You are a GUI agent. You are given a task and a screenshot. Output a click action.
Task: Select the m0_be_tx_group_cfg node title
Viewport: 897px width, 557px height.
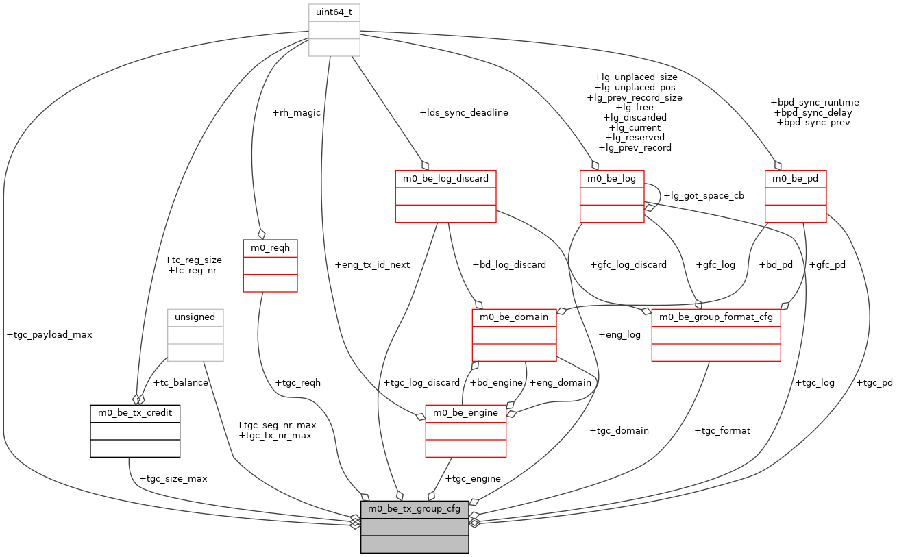coord(415,509)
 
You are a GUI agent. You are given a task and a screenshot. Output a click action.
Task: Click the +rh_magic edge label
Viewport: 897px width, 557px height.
coord(296,113)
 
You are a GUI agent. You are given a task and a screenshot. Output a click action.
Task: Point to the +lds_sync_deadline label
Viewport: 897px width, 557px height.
coord(464,113)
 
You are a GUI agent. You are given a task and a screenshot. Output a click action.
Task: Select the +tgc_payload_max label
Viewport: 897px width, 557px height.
coord(49,335)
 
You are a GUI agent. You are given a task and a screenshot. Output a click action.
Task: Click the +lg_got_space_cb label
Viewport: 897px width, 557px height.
coord(704,195)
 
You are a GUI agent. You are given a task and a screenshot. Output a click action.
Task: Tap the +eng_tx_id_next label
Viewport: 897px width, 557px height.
coord(372,264)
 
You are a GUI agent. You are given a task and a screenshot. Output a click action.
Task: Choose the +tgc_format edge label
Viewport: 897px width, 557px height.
coord(722,431)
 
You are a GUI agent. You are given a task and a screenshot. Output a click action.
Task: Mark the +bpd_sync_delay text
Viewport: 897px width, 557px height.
coord(814,112)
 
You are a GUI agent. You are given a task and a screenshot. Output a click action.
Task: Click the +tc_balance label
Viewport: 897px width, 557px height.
coord(180,383)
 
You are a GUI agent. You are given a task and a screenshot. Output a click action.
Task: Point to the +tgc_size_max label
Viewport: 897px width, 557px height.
coord(173,479)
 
